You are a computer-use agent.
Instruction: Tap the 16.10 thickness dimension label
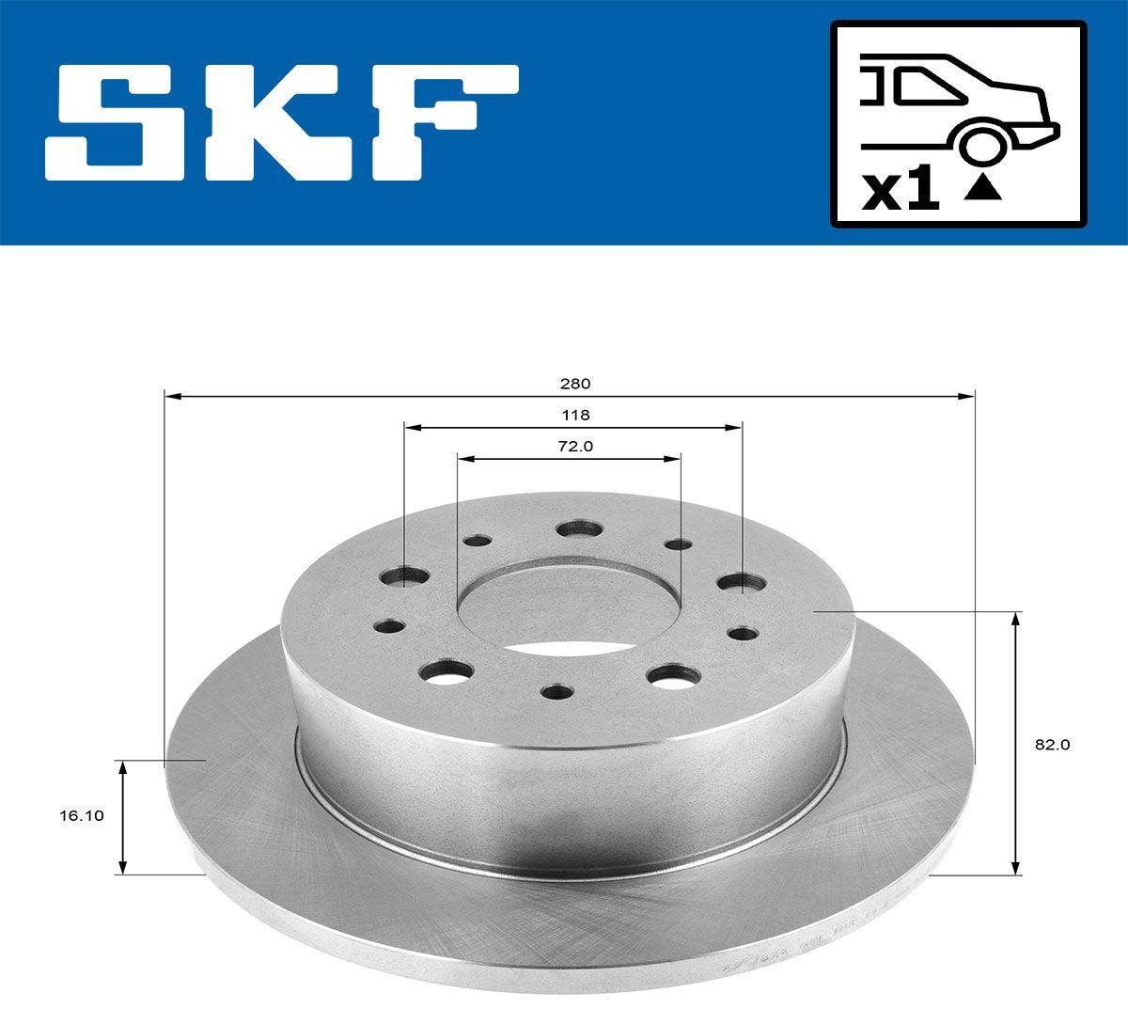pyautogui.click(x=77, y=816)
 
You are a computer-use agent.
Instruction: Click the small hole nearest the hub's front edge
pyautogui.click(x=557, y=693)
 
